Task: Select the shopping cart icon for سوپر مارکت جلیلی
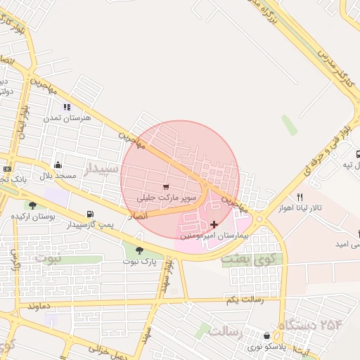(x=165, y=187)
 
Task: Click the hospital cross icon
(x=214, y=224)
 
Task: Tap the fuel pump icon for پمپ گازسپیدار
(x=89, y=214)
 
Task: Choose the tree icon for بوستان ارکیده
(x=32, y=205)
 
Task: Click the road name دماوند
(x=42, y=308)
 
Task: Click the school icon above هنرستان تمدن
(x=67, y=107)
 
